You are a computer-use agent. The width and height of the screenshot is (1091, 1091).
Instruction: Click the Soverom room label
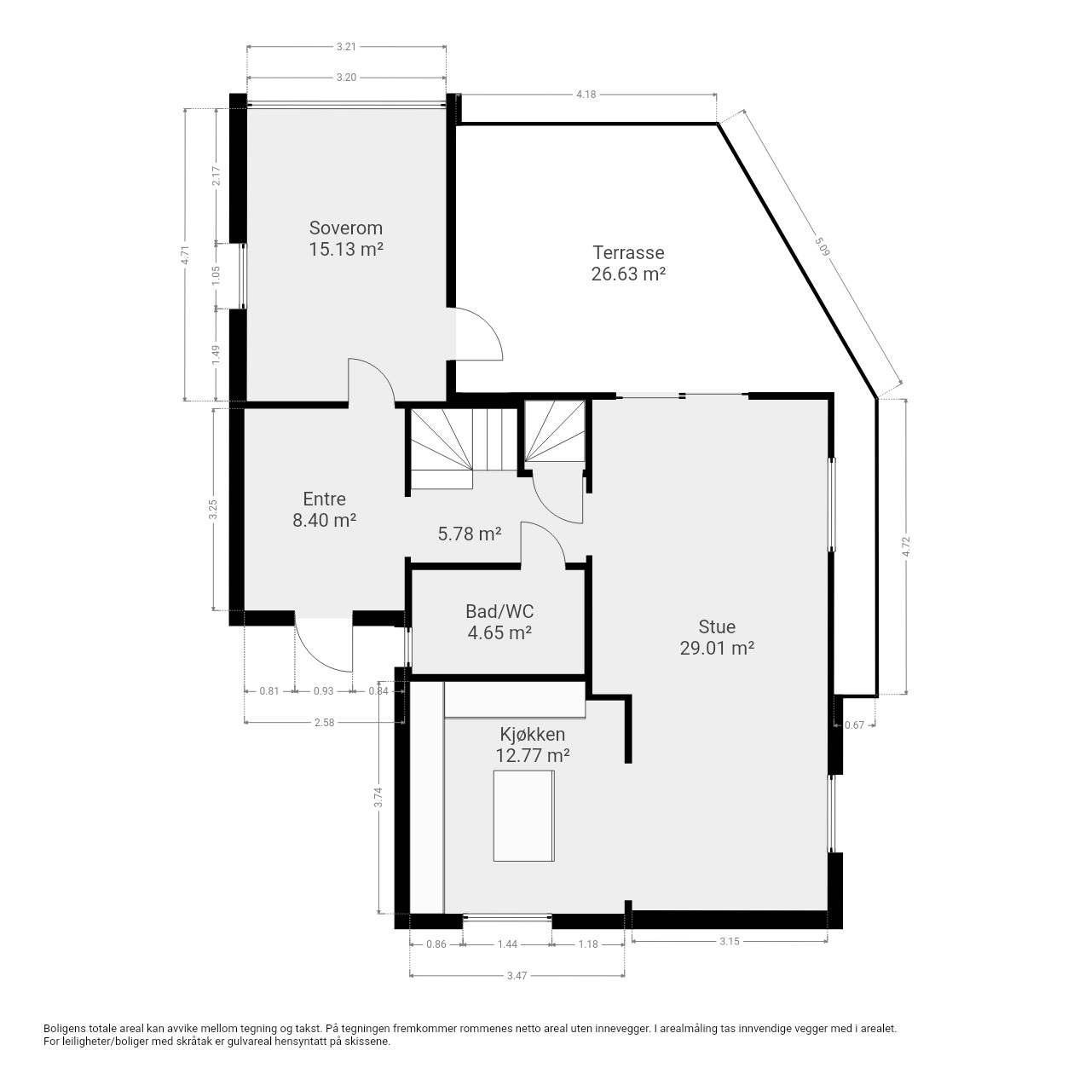(345, 228)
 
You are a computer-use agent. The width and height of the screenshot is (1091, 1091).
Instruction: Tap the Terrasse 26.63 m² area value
(628, 274)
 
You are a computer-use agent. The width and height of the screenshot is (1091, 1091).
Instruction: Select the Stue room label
(717, 626)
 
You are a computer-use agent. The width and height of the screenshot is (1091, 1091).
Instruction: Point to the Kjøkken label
(532, 735)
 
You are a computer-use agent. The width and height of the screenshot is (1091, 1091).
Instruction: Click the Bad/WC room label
(499, 611)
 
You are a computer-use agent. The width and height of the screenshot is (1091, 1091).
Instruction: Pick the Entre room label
(325, 499)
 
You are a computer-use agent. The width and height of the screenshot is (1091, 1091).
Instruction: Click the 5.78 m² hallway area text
(470, 534)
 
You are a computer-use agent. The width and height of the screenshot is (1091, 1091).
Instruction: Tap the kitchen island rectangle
(523, 816)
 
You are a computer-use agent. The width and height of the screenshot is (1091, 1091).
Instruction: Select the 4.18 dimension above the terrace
(586, 95)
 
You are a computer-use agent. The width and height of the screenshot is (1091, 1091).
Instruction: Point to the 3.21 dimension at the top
(346, 46)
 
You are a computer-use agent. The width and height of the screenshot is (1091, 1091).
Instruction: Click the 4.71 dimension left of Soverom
(185, 255)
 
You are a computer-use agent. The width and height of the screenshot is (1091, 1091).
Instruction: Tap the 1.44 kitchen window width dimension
(507, 944)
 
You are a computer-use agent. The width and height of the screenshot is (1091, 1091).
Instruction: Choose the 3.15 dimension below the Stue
(730, 942)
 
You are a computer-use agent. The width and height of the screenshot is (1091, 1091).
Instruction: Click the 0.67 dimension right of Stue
(854, 724)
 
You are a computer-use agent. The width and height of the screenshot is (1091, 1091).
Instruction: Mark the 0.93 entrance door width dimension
(323, 691)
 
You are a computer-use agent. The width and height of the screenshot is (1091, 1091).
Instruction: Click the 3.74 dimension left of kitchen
(379, 798)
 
